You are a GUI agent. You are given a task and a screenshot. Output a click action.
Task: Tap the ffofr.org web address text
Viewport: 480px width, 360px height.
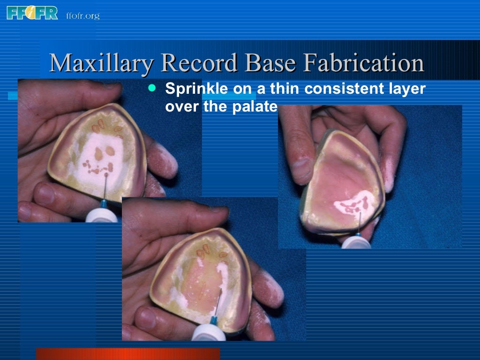pos(82,16)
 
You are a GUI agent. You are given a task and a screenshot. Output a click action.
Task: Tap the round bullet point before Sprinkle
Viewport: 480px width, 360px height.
pos(150,88)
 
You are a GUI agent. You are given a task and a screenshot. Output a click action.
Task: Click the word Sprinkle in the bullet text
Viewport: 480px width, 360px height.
pos(192,89)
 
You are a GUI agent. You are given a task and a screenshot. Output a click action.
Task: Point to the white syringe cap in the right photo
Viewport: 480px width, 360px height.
pos(356,242)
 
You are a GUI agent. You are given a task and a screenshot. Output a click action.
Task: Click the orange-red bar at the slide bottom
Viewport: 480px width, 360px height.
pos(127,353)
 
